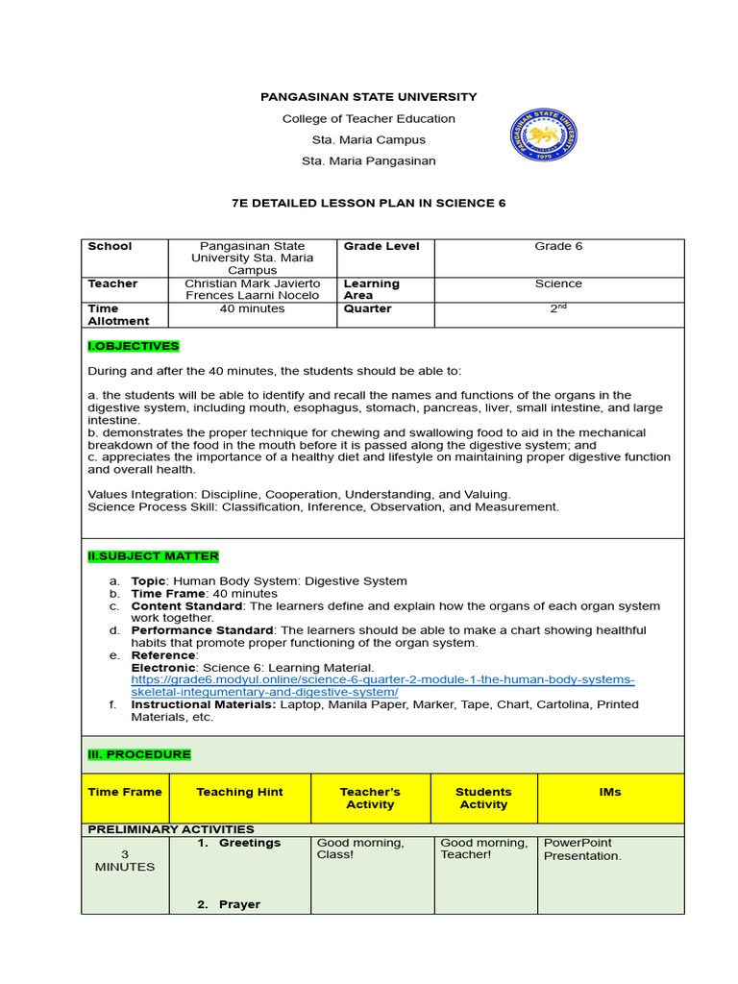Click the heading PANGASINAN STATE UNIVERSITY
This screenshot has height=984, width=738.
pos(369,97)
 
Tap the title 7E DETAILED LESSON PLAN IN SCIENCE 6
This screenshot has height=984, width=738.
pos(369,204)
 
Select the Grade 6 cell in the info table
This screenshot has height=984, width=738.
pos(558,247)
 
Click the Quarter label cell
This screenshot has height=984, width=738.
pos(368,309)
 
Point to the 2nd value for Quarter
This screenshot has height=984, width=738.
pos(558,308)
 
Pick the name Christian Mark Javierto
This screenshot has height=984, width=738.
pos(253,284)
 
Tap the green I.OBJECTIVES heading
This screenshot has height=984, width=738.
pos(134,346)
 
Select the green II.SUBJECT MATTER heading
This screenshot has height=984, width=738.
pos(153,556)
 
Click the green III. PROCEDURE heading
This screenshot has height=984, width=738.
pos(139,754)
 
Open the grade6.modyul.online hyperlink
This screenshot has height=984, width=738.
pos(382,686)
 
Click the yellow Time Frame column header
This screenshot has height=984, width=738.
pos(125,792)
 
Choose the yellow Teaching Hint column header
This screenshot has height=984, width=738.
pos(239,792)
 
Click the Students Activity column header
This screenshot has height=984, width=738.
pos(483,798)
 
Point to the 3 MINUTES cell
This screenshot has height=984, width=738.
pos(124,860)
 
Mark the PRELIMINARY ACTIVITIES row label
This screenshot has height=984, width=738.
pos(171,829)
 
